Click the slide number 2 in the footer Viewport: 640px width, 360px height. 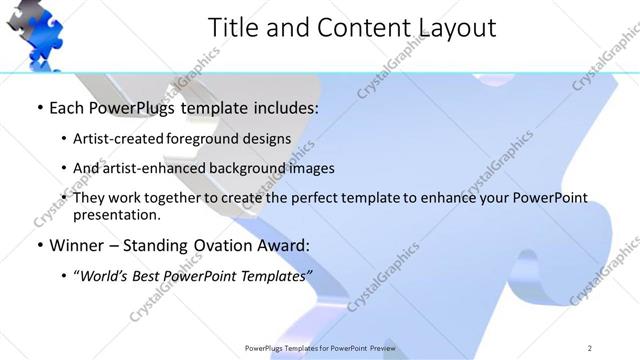click(590, 348)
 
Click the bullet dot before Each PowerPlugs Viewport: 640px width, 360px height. click(40, 107)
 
